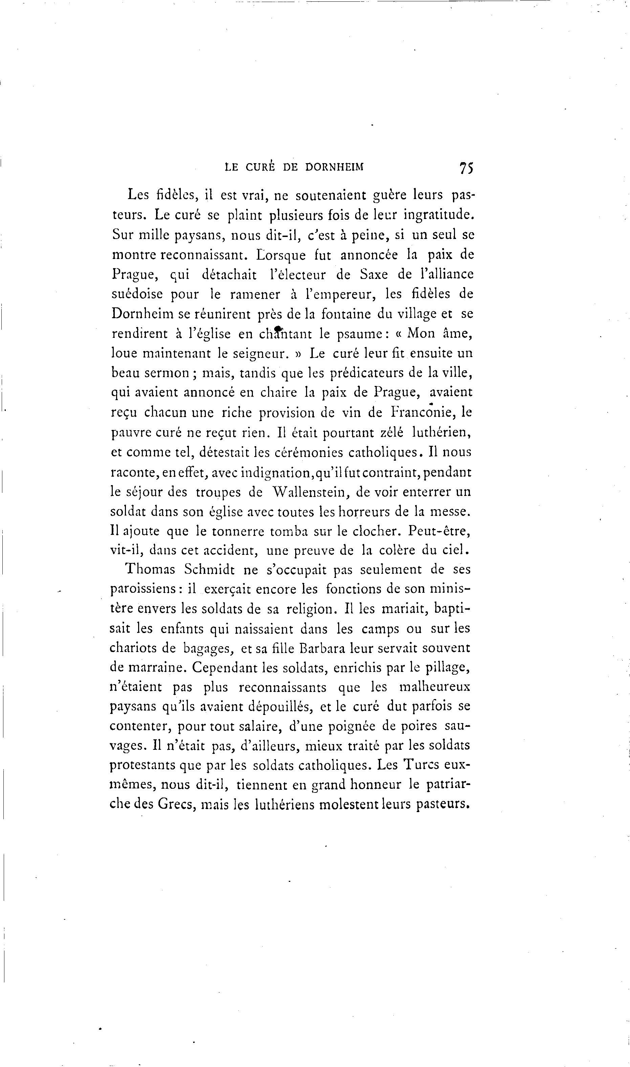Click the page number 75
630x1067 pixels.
[466, 168]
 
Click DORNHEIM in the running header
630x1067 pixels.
[334, 167]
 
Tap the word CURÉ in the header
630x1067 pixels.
[261, 167]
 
